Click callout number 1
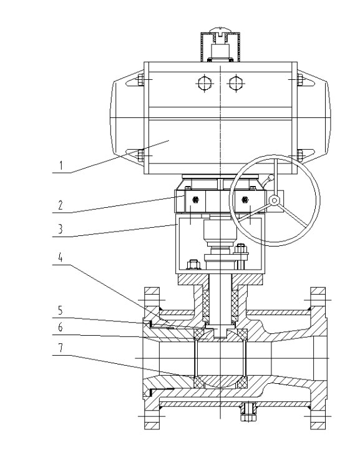click(61, 165)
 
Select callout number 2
click(61, 205)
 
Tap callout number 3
click(61, 229)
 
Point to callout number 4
click(61, 257)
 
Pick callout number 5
click(61, 310)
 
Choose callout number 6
click(61, 327)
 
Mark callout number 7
click(61, 348)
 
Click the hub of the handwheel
click(274, 200)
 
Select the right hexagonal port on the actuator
click(236, 83)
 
